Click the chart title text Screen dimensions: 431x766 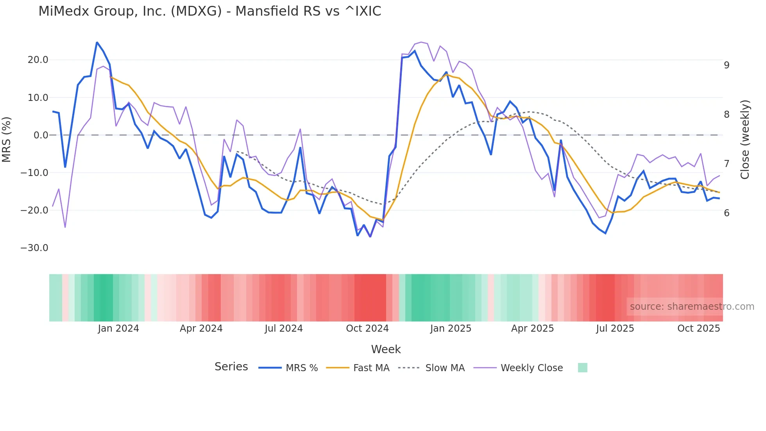[x=209, y=11]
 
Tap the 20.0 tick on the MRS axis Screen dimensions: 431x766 [x=38, y=60]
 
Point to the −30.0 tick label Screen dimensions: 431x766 [x=34, y=248]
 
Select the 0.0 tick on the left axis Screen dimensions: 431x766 [x=41, y=135]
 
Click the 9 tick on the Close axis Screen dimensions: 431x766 [x=727, y=65]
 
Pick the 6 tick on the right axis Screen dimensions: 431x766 [x=727, y=213]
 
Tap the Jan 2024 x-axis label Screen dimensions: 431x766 [x=118, y=329]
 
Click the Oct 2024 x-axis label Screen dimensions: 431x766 [x=367, y=329]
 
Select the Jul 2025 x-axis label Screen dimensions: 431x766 [x=615, y=329]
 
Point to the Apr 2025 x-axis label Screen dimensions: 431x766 [x=533, y=329]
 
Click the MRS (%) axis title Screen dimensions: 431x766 [x=7, y=139]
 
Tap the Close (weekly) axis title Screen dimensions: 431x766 [x=745, y=140]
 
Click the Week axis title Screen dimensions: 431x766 [x=386, y=349]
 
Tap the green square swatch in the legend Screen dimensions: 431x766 [x=583, y=368]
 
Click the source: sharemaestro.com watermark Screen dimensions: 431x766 [x=692, y=307]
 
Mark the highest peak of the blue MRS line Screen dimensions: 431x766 [x=97, y=42]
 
